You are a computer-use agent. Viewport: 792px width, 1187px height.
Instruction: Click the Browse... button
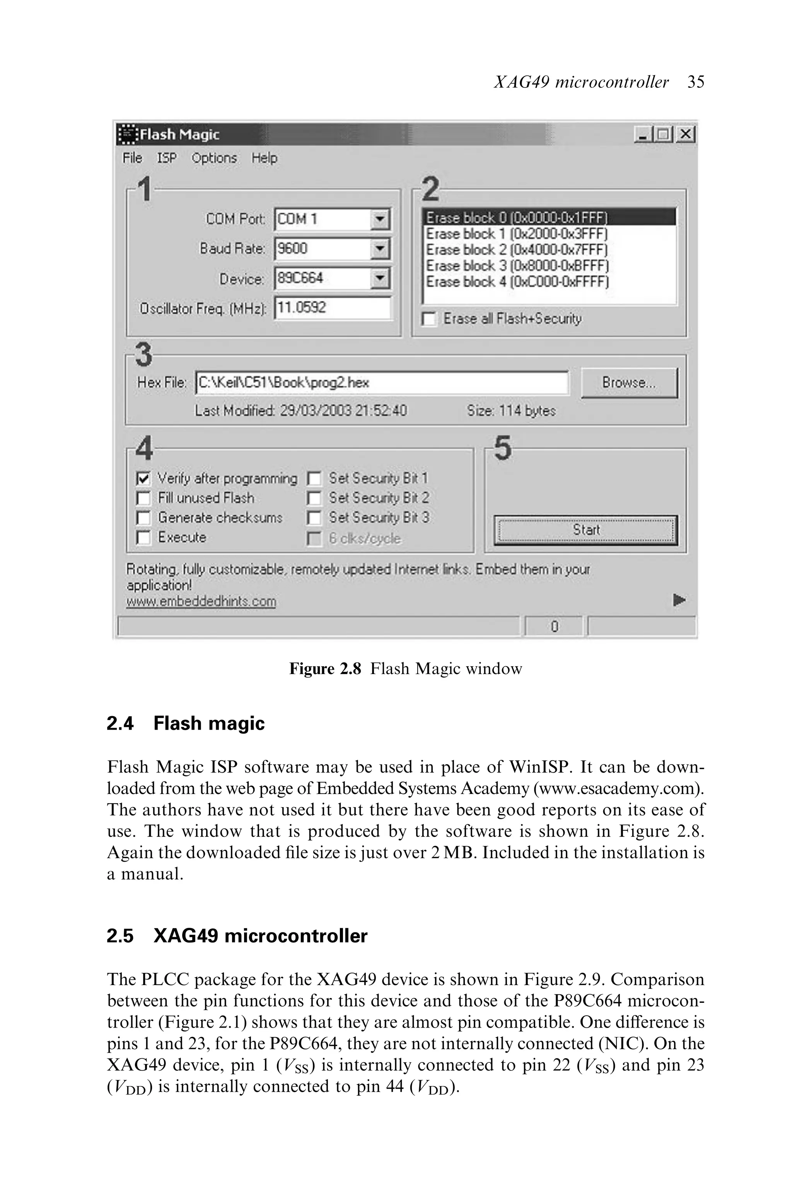629,383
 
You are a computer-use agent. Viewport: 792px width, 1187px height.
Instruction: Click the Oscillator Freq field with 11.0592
332,308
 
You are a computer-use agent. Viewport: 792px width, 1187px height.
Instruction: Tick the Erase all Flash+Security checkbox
429,319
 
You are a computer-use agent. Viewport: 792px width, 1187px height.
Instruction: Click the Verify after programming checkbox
143,478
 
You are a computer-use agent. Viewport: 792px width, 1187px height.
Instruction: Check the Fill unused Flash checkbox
143,498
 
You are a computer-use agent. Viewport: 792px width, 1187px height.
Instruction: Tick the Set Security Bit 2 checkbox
314,498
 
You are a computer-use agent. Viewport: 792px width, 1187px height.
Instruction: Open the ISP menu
167,158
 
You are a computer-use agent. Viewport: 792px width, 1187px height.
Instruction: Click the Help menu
264,158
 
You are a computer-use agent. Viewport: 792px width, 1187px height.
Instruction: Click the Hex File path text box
381,383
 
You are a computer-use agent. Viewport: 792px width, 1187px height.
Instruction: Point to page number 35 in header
696,82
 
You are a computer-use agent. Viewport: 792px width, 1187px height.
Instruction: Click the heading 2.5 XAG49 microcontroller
237,936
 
